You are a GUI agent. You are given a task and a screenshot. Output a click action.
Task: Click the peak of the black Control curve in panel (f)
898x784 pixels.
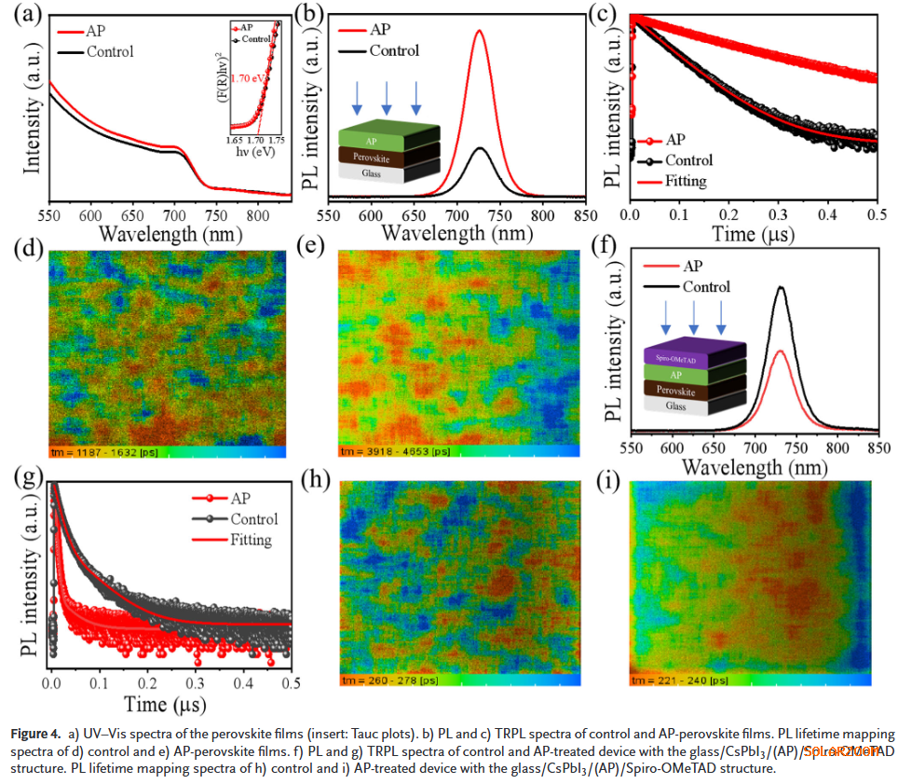tap(781, 287)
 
